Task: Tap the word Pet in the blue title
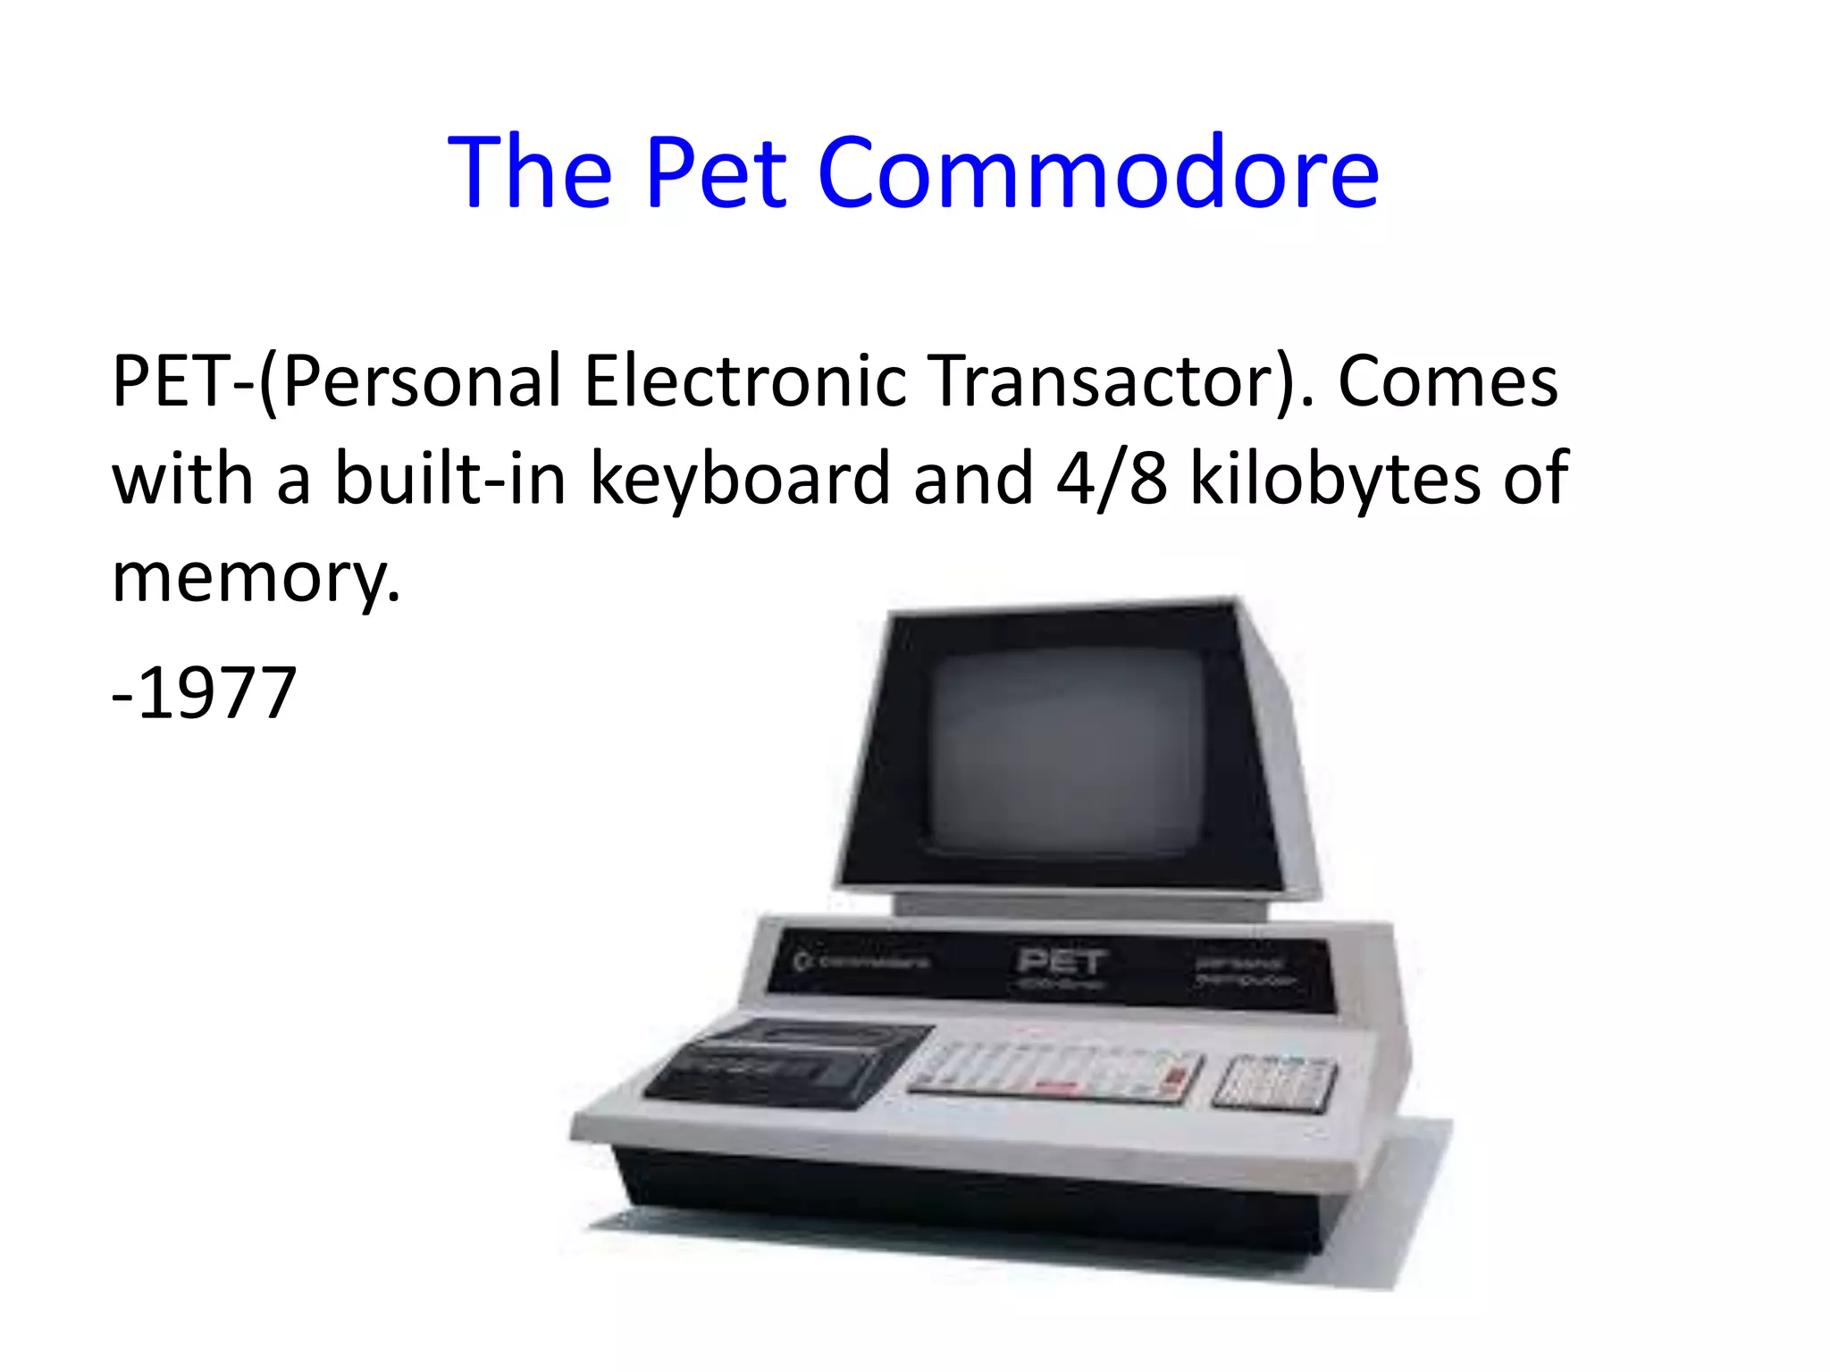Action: point(715,172)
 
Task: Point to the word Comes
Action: point(1448,381)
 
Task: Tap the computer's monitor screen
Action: point(1068,750)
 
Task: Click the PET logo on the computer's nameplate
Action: point(1062,963)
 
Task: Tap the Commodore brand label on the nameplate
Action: point(862,962)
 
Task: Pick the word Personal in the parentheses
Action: point(420,381)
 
